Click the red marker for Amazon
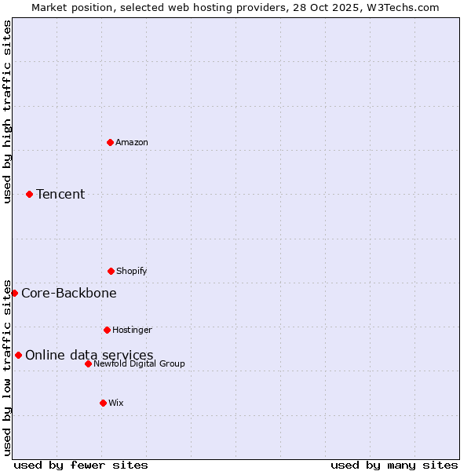click(110, 142)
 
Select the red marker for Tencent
click(29, 194)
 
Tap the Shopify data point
click(111, 271)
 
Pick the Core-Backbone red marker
click(14, 293)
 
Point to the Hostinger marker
click(107, 330)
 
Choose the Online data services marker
click(18, 355)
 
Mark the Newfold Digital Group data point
click(88, 363)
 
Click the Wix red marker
click(103, 403)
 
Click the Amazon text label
click(132, 142)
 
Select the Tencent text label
click(60, 194)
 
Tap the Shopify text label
click(132, 271)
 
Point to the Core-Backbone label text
click(69, 293)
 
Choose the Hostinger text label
click(132, 330)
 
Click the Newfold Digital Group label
click(139, 363)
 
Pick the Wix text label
click(116, 403)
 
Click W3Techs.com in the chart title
click(406, 7)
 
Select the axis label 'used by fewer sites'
click(81, 465)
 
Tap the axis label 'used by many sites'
click(394, 465)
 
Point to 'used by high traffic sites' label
click(7, 111)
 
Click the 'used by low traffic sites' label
click(7, 367)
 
